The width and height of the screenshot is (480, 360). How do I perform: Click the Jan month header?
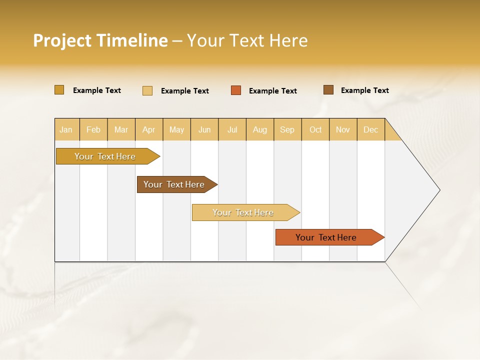[x=66, y=129]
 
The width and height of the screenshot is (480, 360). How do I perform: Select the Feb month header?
[x=93, y=129]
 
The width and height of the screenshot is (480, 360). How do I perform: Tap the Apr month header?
[x=149, y=129]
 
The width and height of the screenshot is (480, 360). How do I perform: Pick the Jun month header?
[x=204, y=129]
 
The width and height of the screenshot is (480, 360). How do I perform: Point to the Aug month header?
[x=260, y=129]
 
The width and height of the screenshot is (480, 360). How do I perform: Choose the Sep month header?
[x=287, y=129]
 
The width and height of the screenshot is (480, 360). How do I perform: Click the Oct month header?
[x=315, y=129]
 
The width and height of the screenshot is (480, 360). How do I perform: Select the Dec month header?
[x=371, y=129]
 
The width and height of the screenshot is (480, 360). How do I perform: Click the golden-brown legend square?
[x=59, y=90]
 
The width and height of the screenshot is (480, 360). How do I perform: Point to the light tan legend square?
[x=147, y=90]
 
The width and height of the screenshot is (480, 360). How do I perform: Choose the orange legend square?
[x=236, y=90]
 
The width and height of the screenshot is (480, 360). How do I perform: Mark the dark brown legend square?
[x=328, y=90]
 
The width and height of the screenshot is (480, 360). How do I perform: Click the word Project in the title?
[x=62, y=40]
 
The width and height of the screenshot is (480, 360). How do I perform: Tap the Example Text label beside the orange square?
[x=273, y=91]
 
